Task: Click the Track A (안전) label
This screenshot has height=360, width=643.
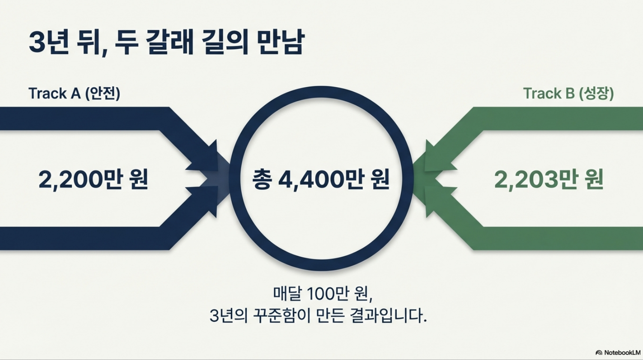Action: pyautogui.click(x=74, y=93)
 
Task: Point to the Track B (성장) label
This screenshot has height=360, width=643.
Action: pyautogui.click(x=568, y=93)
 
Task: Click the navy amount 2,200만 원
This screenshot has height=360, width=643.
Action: pyautogui.click(x=93, y=179)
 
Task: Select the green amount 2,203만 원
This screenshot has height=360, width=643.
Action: pyautogui.click(x=549, y=179)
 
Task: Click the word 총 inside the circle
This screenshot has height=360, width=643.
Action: pyautogui.click(x=261, y=179)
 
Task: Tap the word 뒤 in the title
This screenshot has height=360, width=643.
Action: pyautogui.click(x=91, y=42)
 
